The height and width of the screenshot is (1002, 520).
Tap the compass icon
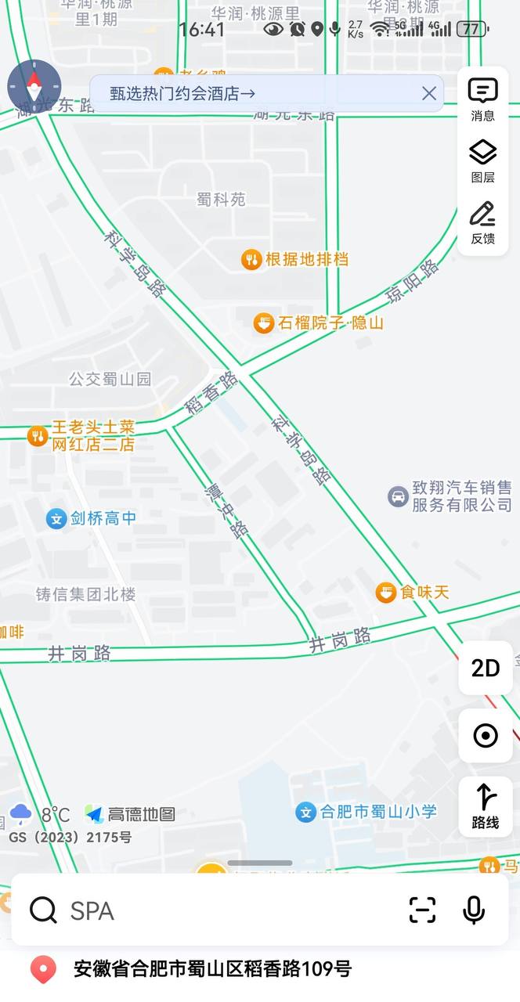point(34,86)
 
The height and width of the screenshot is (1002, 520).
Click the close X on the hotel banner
point(429,94)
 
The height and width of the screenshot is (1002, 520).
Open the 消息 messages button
point(483,99)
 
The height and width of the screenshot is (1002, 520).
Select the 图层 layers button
point(483,161)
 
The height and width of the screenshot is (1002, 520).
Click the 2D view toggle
point(486,668)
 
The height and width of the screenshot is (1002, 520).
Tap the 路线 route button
point(486,806)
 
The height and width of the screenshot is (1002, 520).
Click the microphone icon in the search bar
point(473,910)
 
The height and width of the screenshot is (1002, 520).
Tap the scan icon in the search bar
point(422,910)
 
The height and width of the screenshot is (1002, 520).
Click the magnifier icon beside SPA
point(43,910)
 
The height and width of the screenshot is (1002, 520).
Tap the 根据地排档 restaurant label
point(307,259)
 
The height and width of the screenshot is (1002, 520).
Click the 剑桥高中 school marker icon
point(56,518)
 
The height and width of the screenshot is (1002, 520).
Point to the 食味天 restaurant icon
point(385,592)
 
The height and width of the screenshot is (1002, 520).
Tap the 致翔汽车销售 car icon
point(399,496)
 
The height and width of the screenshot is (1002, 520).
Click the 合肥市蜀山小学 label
point(378,812)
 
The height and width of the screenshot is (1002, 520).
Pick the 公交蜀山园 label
point(110,380)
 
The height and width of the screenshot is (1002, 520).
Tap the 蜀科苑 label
point(221,200)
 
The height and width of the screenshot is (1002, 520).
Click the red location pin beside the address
point(43,970)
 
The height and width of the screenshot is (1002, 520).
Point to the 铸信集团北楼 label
point(85,594)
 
